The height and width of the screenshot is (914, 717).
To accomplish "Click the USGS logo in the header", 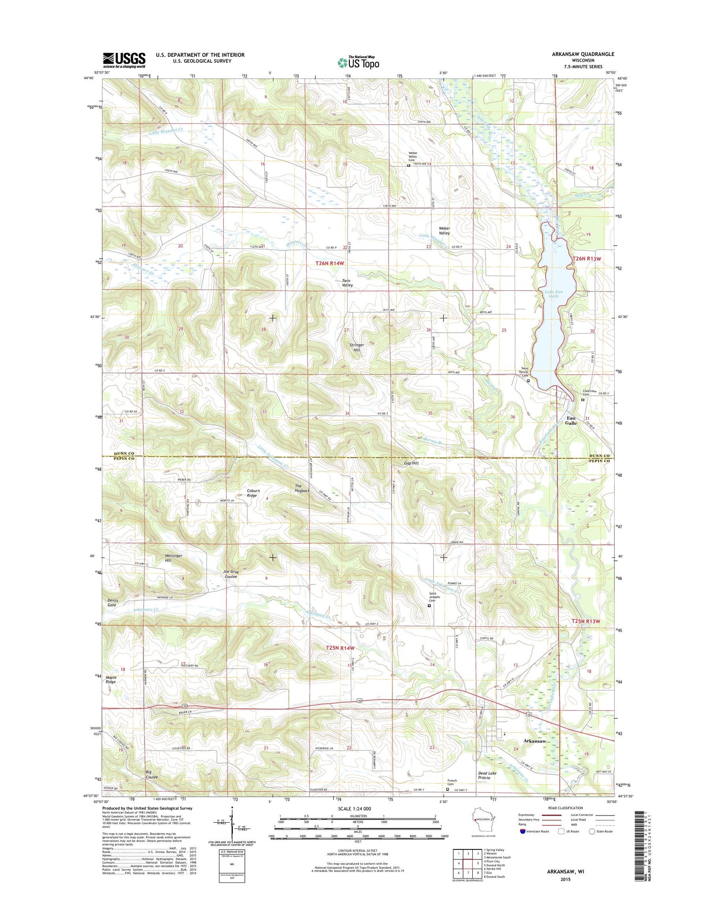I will pos(124,59).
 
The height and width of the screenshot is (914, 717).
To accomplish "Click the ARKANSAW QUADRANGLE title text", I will pos(583,54).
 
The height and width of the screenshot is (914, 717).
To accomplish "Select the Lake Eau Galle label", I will pos(553,294).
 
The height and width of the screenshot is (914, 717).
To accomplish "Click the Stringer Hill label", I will pos(357,347).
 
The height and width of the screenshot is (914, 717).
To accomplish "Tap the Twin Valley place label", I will pos(347,283).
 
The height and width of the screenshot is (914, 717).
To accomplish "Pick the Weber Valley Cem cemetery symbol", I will pos(408,165).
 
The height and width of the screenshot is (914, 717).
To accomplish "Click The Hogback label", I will pos(302,488).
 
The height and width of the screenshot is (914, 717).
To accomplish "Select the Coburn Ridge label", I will pos(253,493).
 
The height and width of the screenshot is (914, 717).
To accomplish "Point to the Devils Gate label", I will pos(111,602).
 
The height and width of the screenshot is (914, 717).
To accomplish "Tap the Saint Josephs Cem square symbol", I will pos(429,605).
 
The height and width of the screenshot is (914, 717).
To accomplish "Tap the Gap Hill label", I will pos(411,463).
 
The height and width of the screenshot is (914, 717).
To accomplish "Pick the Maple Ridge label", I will pos(111,679).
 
